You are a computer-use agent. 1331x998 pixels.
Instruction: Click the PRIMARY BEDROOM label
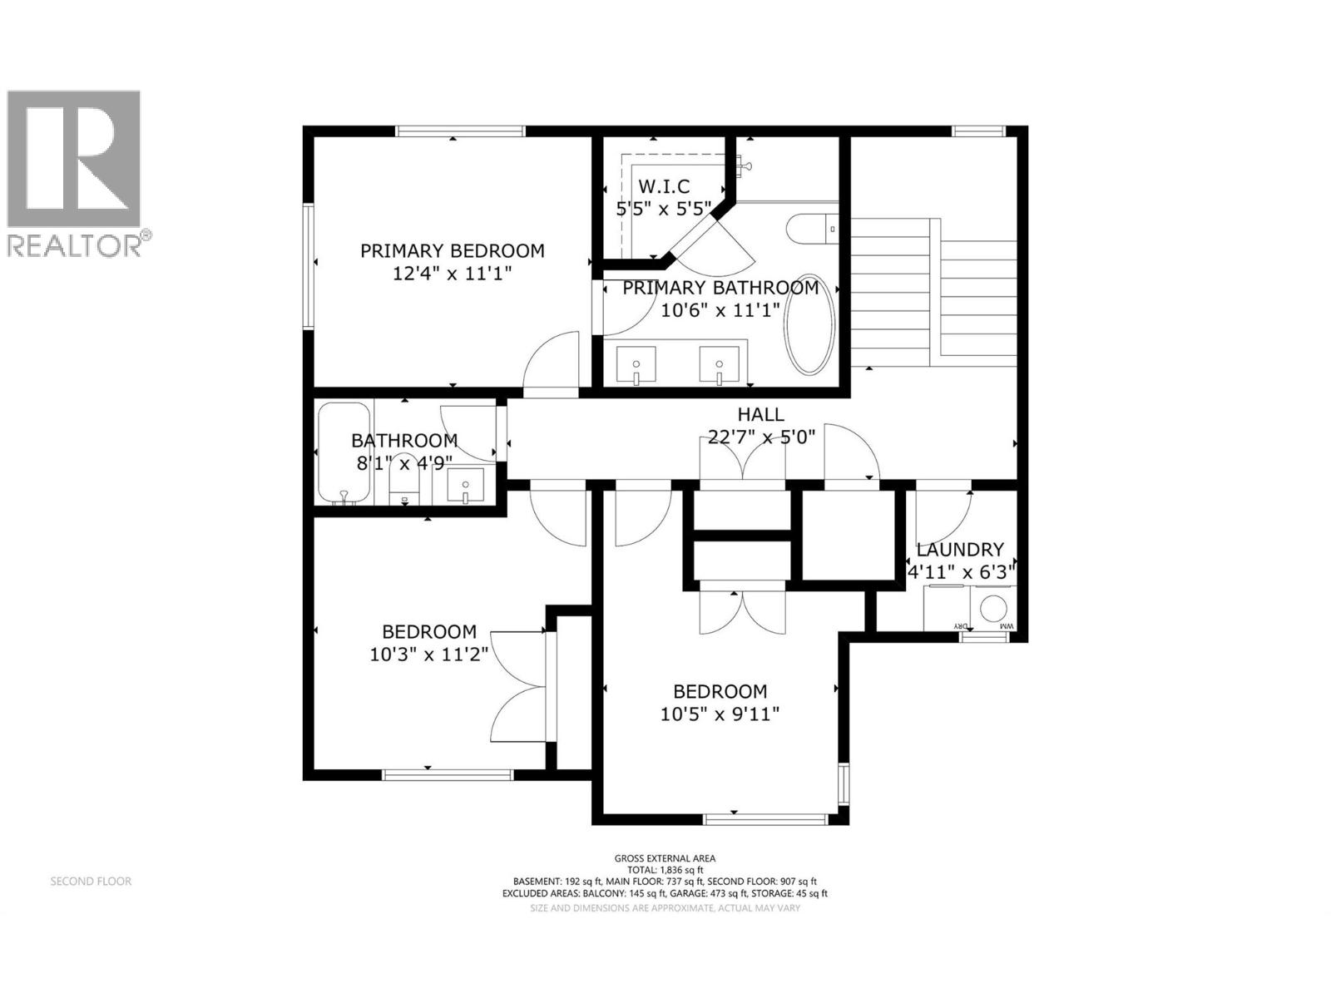tap(452, 250)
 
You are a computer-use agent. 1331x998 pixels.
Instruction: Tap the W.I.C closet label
tap(663, 187)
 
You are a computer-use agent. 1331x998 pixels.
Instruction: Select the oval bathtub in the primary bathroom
tap(809, 324)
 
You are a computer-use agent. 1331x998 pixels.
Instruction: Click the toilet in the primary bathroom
tap(813, 227)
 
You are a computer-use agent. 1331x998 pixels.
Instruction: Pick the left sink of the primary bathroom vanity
tap(636, 366)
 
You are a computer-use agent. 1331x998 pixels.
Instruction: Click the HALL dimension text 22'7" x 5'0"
tap(761, 436)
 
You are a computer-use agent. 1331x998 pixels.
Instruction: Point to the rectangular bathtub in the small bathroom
tap(343, 453)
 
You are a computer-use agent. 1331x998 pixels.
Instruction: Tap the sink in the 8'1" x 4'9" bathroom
tap(465, 486)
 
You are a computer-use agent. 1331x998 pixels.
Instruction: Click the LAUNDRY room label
tap(960, 550)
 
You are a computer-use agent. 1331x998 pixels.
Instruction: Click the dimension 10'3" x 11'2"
tap(428, 655)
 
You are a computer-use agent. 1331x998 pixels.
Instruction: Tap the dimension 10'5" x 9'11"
tap(720, 714)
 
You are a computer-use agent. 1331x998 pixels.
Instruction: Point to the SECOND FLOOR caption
tap(91, 881)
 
